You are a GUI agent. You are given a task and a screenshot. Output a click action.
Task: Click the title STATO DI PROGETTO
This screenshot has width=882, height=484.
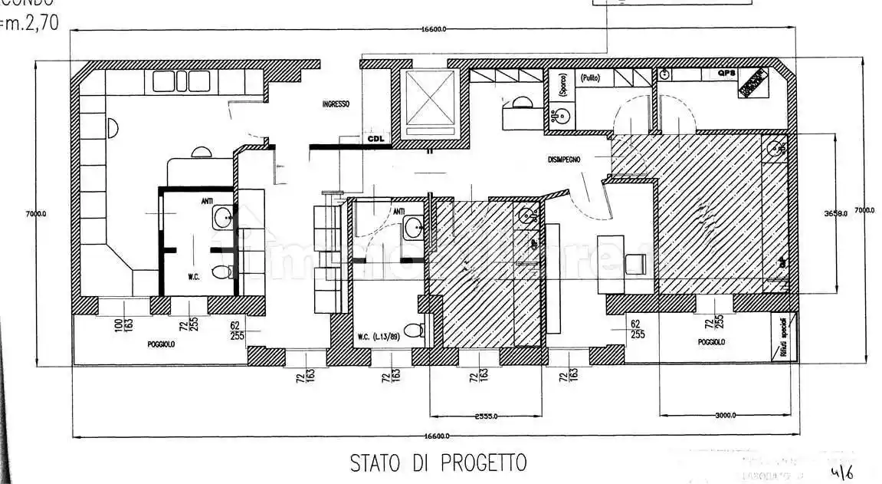[438, 463]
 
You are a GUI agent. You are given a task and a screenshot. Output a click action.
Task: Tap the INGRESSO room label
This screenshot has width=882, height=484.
[336, 104]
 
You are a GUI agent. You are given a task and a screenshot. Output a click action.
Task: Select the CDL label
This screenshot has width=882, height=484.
[375, 140]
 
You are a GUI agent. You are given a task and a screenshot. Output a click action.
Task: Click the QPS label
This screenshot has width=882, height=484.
[726, 74]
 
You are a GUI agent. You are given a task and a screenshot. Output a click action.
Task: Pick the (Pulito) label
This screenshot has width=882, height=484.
[589, 78]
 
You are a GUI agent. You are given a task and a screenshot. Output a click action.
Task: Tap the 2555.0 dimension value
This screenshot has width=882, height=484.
[487, 417]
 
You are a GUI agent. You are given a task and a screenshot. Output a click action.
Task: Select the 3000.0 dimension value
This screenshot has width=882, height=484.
[726, 415]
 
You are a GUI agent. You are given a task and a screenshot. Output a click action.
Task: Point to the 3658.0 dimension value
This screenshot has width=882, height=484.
[836, 213]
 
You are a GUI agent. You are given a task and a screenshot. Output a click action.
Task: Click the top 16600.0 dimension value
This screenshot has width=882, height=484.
[434, 29]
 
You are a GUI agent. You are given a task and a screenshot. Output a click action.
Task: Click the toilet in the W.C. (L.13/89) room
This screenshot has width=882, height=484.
[413, 331]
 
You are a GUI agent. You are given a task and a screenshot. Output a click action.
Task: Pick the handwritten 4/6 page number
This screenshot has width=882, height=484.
[841, 471]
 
